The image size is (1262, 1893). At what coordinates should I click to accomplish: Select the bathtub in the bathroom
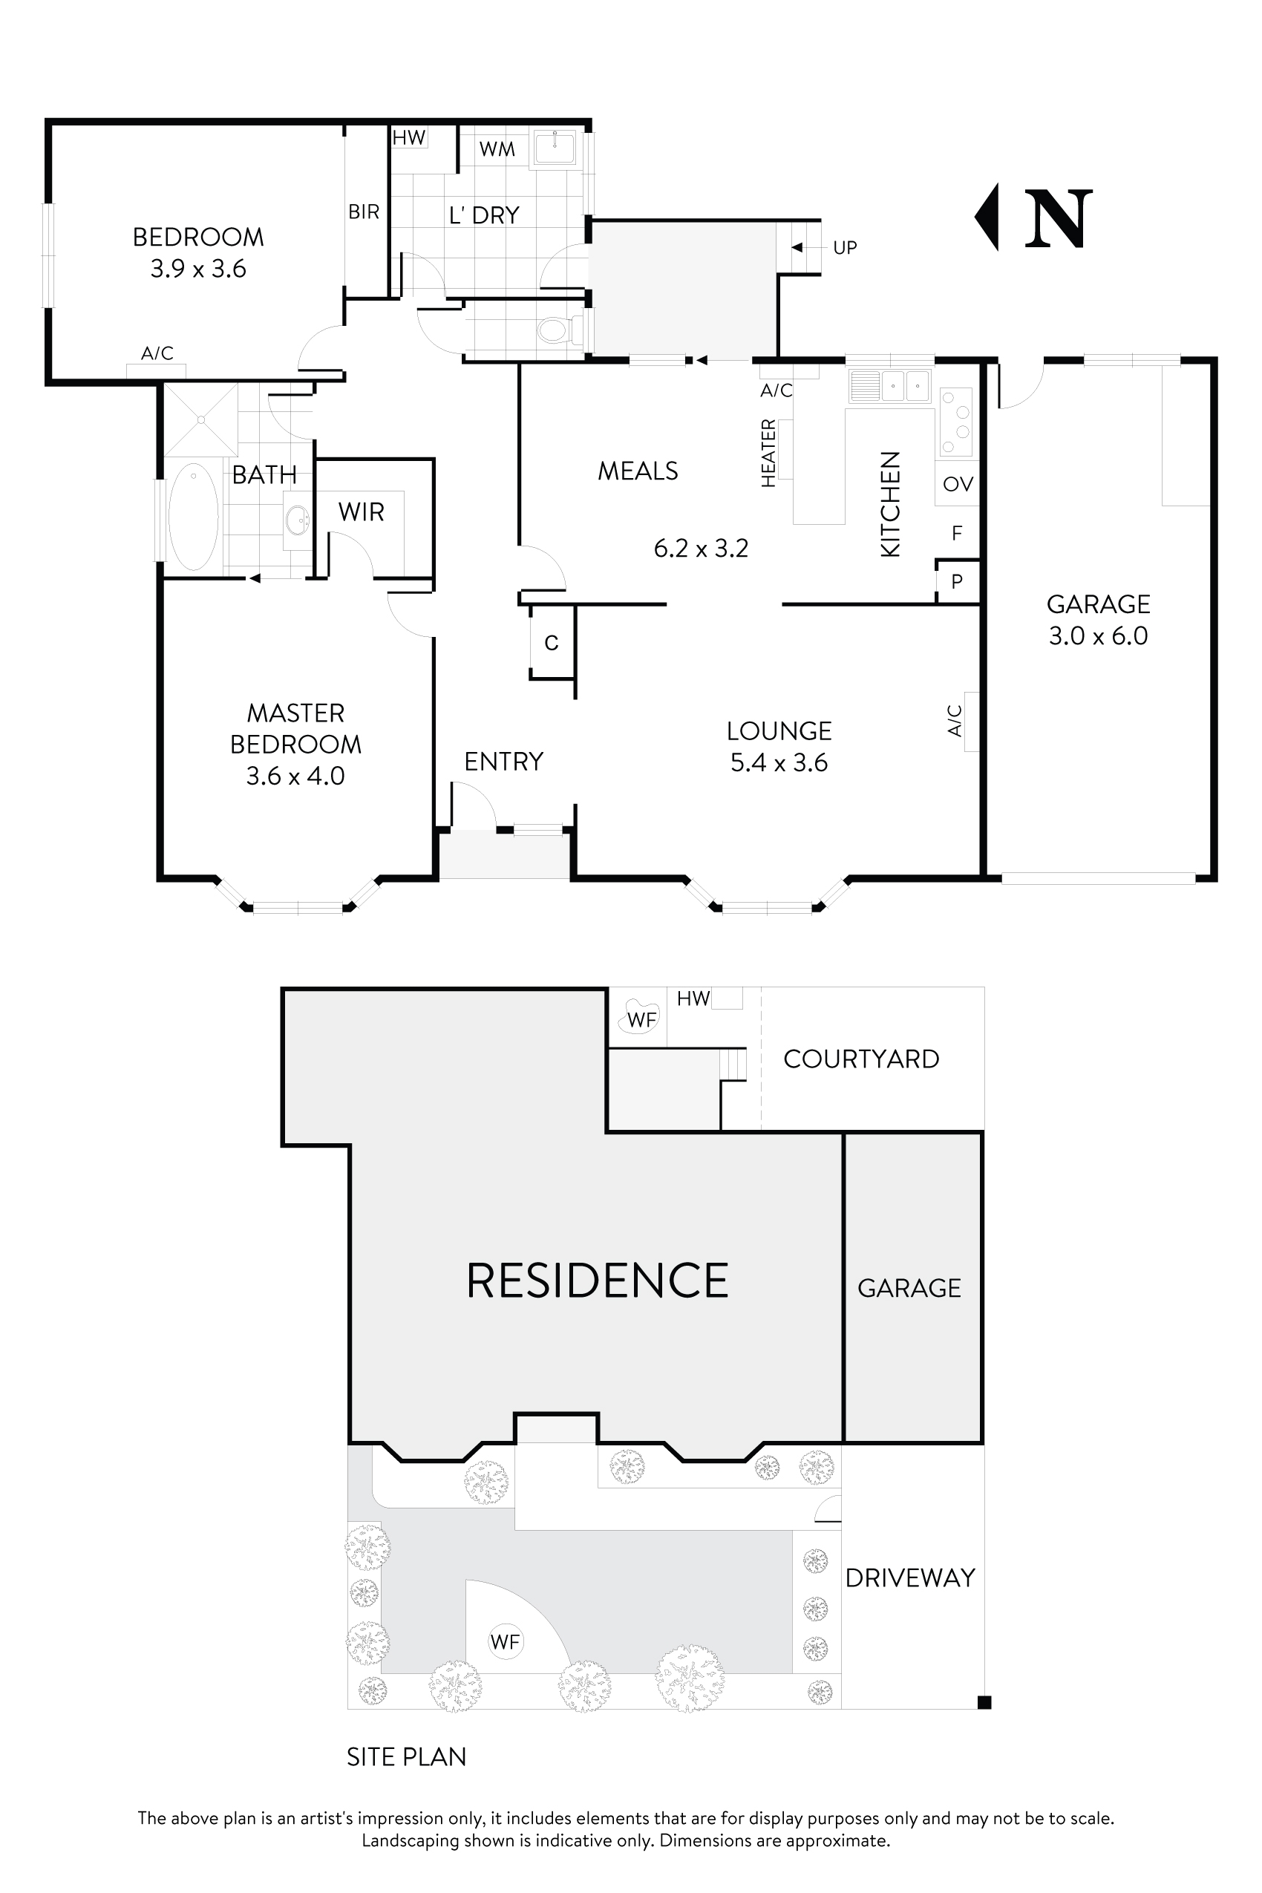[x=193, y=516]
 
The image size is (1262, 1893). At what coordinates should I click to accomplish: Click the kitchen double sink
[x=890, y=385]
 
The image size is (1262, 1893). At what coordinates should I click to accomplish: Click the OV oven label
[x=958, y=484]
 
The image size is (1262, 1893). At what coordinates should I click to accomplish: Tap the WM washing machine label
[x=497, y=149]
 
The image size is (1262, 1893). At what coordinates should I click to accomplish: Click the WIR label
[x=362, y=512]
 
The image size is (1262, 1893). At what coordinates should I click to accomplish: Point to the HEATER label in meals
[x=768, y=453]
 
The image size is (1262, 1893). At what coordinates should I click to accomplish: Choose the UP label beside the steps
[x=844, y=248]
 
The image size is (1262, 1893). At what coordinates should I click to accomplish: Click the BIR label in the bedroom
[x=364, y=212]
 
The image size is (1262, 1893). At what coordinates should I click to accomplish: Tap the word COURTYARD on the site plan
[x=861, y=1059]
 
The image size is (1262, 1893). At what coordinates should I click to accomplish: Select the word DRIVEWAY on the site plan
[x=910, y=1578]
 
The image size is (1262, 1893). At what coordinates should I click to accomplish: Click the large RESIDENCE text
[x=597, y=1281]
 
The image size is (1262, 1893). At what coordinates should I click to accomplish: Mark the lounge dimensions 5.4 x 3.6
[x=779, y=763]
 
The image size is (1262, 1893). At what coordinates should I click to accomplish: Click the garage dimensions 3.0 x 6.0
[x=1098, y=636]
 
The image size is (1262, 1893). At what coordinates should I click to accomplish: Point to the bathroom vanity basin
[x=298, y=519]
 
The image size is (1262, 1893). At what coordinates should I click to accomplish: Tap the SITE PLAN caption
[x=407, y=1757]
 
